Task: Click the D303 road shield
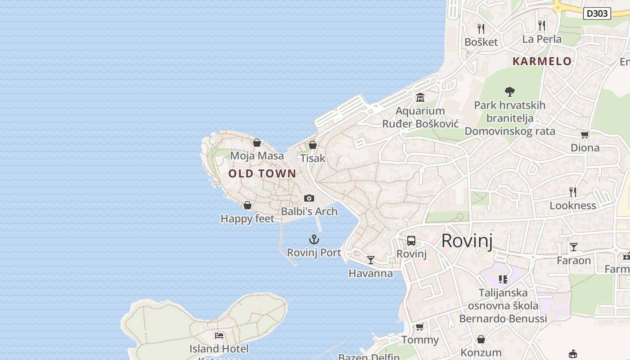point(597,13)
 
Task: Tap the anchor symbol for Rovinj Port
point(314,239)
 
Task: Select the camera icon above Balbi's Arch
point(309,198)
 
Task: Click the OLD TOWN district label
point(262,174)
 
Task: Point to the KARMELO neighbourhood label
point(542,61)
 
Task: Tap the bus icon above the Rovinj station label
point(411,241)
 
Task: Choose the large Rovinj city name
point(467,241)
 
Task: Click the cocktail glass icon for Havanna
point(371,260)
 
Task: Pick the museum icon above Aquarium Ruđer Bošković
point(420,97)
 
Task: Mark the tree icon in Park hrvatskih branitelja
point(509,92)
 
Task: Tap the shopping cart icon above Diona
point(585,135)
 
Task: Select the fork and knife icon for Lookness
point(573,192)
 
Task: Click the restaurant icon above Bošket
point(481,29)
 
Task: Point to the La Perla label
point(542,39)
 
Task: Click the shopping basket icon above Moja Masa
point(257,143)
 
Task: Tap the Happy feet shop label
point(247,219)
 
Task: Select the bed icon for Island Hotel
point(219,335)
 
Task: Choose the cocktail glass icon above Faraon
point(574,247)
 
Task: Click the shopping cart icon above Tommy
point(420,327)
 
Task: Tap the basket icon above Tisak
point(313,145)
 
